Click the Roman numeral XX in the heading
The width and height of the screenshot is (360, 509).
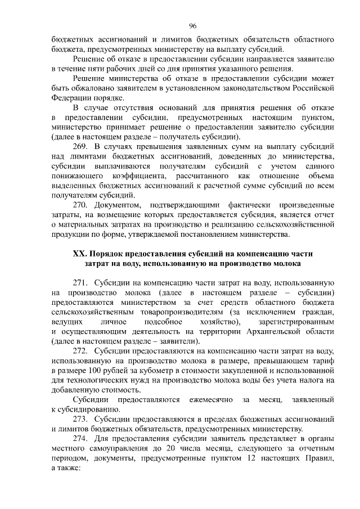pyautogui.click(x=79, y=254)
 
